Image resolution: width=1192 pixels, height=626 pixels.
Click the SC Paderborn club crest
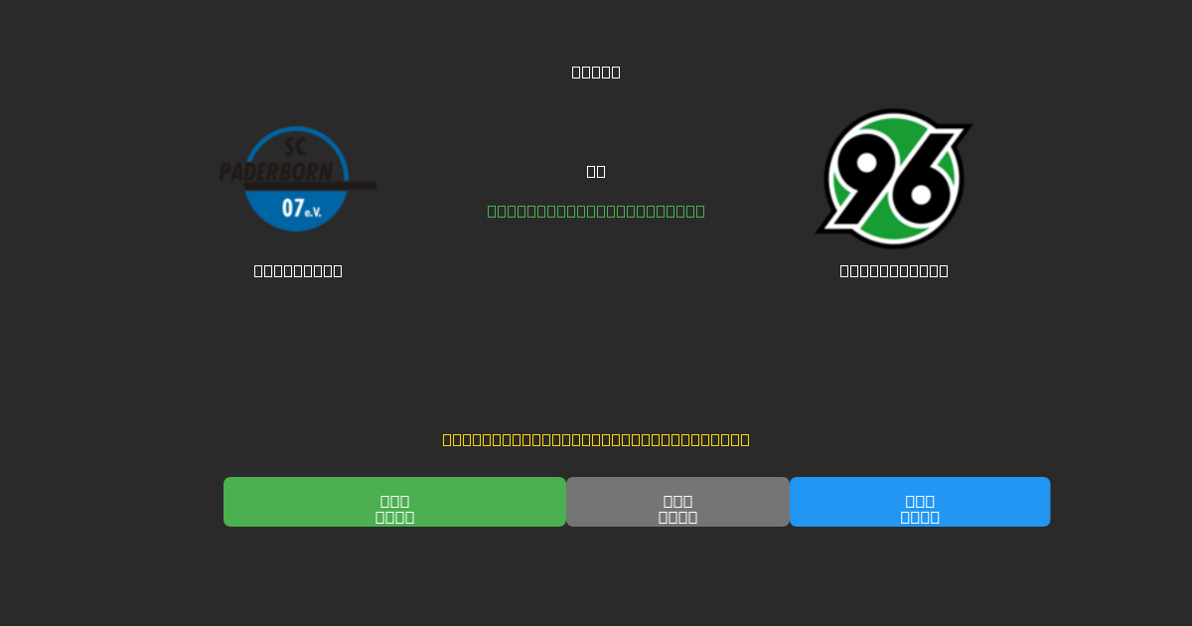[297, 179]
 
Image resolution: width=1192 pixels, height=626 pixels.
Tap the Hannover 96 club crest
[894, 179]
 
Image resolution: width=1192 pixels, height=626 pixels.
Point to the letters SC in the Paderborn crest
[295, 147]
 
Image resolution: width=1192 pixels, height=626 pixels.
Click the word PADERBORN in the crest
[276, 172]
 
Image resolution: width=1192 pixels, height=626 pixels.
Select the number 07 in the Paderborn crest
[293, 209]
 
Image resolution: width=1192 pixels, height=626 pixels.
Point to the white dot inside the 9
[866, 162]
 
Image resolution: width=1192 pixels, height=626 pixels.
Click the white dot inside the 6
[922, 196]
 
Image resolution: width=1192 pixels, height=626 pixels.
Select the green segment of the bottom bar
[394, 502]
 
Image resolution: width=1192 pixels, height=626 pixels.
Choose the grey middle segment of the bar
[677, 502]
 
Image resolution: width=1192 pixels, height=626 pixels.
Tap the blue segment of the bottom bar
[920, 502]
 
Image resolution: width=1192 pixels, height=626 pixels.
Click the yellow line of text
[596, 439]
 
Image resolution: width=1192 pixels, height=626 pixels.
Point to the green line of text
[596, 211]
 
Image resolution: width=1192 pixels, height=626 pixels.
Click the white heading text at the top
[596, 72]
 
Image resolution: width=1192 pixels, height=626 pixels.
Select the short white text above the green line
[596, 171]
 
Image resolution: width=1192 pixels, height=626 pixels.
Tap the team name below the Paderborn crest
[298, 270]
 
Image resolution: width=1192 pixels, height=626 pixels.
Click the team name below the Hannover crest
[894, 270]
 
